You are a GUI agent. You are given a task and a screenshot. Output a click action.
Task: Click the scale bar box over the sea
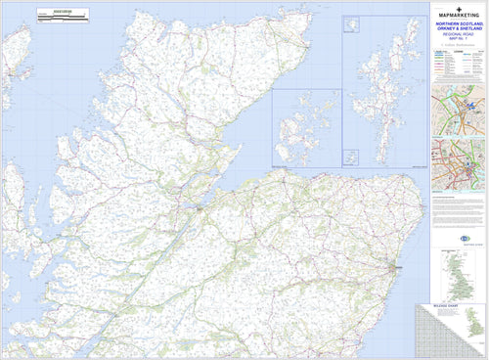pos(62,15)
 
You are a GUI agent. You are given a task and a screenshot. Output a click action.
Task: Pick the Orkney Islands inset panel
pos(306,127)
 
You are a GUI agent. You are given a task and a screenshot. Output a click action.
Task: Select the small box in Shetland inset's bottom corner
pos(350,157)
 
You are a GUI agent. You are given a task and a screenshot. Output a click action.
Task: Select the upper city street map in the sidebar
pos(460,109)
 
